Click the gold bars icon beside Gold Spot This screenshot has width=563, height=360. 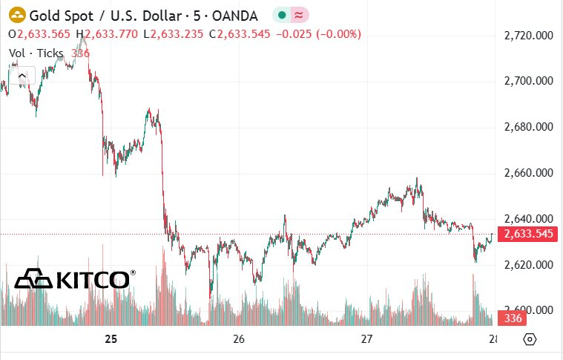[17, 16]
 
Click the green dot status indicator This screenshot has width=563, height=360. [282, 15]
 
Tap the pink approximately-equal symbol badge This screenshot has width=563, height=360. [299, 15]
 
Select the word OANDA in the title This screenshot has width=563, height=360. [235, 16]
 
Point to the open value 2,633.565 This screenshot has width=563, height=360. [44, 34]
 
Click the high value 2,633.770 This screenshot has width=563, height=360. [111, 34]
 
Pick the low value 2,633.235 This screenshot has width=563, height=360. [177, 34]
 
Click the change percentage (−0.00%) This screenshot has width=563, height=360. [338, 34]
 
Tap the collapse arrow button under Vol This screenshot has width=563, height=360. [22, 76]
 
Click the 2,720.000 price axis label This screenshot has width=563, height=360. [529, 36]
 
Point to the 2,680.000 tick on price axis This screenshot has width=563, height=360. [529, 127]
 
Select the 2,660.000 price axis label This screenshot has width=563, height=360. [529, 173]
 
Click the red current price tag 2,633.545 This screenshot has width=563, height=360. [527, 234]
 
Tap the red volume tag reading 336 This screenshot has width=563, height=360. [512, 318]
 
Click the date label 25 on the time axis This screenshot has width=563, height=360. [111, 338]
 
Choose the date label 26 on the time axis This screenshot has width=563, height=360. [238, 338]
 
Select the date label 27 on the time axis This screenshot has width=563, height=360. [366, 338]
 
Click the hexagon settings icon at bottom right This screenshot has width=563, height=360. [530, 339]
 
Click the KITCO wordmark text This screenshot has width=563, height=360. [93, 280]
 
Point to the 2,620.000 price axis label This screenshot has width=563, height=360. [529, 265]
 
